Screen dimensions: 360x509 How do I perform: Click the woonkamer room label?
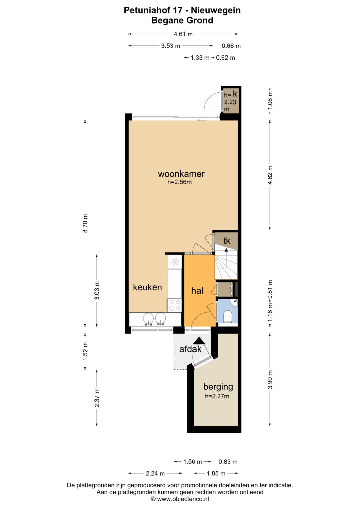tap(181, 174)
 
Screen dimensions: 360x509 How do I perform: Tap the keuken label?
tap(147, 287)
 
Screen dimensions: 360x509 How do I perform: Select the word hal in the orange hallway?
tap(197, 291)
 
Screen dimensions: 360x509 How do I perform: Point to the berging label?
tap(218, 387)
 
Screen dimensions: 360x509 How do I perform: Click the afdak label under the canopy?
tap(190, 349)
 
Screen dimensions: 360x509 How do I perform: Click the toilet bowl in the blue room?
tap(227, 316)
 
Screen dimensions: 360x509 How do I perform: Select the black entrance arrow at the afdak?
tap(199, 340)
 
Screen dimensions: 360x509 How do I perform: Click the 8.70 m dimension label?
tap(85, 223)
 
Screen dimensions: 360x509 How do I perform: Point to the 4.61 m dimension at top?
tap(183, 34)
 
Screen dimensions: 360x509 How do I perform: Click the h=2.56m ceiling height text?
tap(180, 182)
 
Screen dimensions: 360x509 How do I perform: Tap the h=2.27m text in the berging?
tap(217, 396)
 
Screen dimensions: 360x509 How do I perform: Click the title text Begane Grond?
tap(182, 20)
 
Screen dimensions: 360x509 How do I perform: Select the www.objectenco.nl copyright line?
tap(180, 499)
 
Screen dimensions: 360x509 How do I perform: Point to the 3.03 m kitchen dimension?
tap(97, 290)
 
